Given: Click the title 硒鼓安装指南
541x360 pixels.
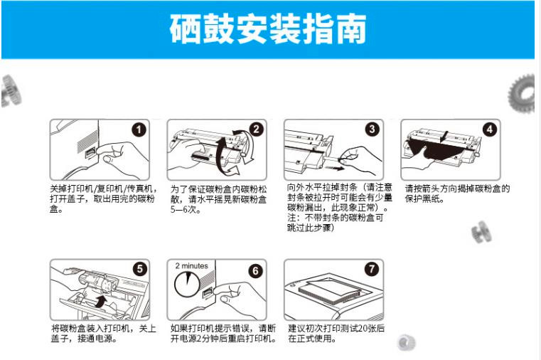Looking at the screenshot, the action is (268, 29).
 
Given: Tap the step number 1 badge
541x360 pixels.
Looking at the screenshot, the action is (139, 129).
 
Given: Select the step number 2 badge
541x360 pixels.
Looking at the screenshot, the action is (256, 129).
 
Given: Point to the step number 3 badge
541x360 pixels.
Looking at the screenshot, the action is (372, 129).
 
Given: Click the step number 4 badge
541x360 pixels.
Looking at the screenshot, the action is (489, 129).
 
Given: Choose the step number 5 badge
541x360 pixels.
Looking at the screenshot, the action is (140, 269).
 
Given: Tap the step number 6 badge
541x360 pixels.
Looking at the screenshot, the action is (255, 270).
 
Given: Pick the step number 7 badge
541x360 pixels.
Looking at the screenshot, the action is (372, 269).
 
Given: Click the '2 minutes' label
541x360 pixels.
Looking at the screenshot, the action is (191, 266).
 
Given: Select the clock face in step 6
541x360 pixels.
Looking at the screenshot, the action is (188, 284).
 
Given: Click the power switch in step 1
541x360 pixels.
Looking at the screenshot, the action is (90, 152).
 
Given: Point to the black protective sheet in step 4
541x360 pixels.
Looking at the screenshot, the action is (435, 151).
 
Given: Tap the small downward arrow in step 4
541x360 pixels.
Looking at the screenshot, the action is (446, 137).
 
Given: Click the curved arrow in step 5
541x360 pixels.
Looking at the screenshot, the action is (100, 301).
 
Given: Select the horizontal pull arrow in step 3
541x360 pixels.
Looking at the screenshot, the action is (335, 169).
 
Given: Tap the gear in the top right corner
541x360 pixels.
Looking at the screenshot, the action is (522, 94).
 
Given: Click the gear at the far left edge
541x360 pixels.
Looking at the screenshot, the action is (11, 90).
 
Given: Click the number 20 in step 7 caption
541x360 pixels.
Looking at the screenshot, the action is (363, 329).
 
